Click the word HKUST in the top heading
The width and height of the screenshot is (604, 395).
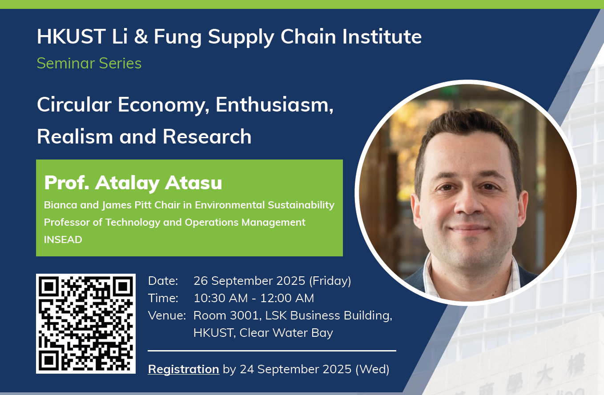[x=71, y=36]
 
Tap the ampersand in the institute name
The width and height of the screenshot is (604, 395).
[x=141, y=36]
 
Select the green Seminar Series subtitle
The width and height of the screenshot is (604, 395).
[x=89, y=64]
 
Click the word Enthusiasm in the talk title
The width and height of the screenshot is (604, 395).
[x=274, y=105]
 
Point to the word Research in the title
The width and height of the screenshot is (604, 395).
[x=207, y=136]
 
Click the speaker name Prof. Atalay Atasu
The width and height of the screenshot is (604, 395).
[x=133, y=183]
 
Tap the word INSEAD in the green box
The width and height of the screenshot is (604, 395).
[x=63, y=239]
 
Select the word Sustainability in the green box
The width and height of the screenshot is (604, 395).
[x=301, y=205]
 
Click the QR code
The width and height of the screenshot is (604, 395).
[x=86, y=323]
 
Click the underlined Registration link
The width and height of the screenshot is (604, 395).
[x=184, y=369]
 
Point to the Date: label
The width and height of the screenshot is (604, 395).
[x=163, y=281]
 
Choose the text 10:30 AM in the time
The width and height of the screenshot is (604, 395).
[x=221, y=298]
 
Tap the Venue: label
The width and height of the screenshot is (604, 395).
[x=167, y=315]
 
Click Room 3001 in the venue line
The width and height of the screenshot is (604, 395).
[x=227, y=315]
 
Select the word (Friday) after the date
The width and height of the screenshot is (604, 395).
[x=330, y=281]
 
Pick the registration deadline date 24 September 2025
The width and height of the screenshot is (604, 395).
[x=295, y=369]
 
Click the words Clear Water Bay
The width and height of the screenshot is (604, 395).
[x=286, y=332]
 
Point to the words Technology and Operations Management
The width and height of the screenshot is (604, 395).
[x=205, y=222]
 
